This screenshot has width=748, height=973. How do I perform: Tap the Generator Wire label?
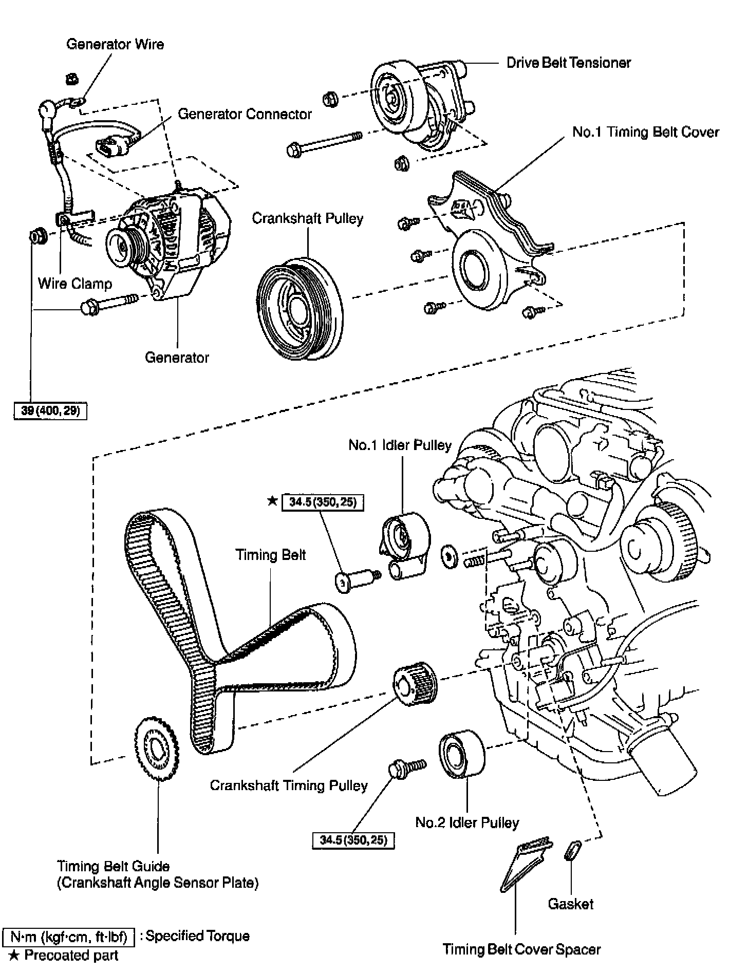pyautogui.click(x=115, y=44)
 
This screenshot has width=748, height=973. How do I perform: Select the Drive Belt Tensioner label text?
pyautogui.click(x=568, y=63)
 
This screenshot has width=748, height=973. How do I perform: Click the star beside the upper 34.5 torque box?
pyautogui.click(x=272, y=501)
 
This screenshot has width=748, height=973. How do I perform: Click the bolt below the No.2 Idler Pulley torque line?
pyautogui.click(x=407, y=769)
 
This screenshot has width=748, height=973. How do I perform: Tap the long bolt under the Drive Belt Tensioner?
pyautogui.click(x=324, y=143)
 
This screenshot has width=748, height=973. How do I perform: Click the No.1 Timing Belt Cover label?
pyautogui.click(x=645, y=132)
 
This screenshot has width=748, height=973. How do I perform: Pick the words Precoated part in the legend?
pyautogui.click(x=71, y=956)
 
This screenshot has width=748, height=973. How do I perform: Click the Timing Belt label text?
pyautogui.click(x=270, y=555)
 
